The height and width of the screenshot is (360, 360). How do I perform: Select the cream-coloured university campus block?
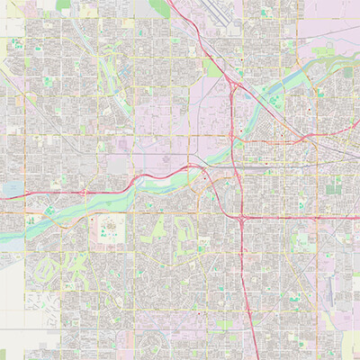[113, 229]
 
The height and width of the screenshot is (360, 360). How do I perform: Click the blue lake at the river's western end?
[13, 189]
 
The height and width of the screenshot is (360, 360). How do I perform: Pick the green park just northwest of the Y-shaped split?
[211, 68]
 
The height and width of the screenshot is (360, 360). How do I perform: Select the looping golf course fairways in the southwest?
[45, 270]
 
